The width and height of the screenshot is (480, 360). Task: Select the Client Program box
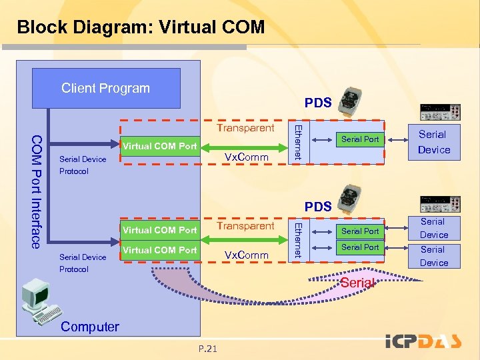tap(105, 89)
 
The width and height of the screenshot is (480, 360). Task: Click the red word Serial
tap(357, 283)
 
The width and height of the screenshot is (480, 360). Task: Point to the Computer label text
tap(89, 327)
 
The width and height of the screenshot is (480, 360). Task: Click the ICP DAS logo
tap(423, 342)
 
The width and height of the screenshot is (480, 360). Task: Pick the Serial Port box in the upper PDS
tap(360, 139)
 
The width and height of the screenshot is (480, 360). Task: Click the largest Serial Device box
tap(433, 142)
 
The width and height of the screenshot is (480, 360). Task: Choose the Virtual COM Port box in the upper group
tap(160, 146)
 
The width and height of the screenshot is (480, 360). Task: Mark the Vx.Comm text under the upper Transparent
tap(246, 157)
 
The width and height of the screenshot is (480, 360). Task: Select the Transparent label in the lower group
tap(246, 226)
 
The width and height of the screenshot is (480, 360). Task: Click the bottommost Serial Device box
tap(433, 256)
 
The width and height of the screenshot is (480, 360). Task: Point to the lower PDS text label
tap(318, 207)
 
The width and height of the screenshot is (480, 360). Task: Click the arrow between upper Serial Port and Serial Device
tap(399, 140)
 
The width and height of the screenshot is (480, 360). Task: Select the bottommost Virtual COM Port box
tap(160, 250)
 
